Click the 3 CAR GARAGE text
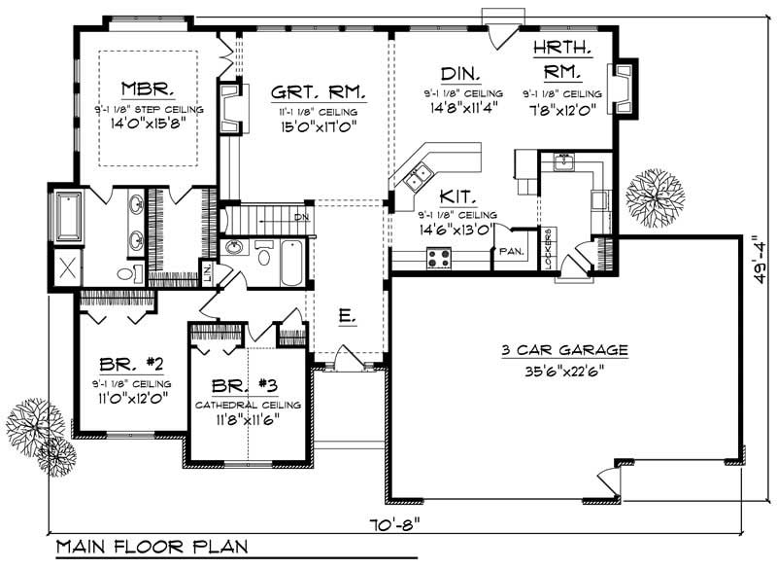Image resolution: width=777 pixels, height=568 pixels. pos(564,350)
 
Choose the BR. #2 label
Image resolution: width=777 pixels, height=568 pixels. pos(130,366)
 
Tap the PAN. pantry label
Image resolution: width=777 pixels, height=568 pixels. pos(511,251)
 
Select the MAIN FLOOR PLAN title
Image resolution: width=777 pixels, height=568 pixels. pos(151,548)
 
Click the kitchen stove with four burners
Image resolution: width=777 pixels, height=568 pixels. pos(438,258)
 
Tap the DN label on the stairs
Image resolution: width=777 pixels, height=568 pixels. pos(302,218)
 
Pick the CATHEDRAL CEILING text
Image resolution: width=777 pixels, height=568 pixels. pos(248,405)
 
